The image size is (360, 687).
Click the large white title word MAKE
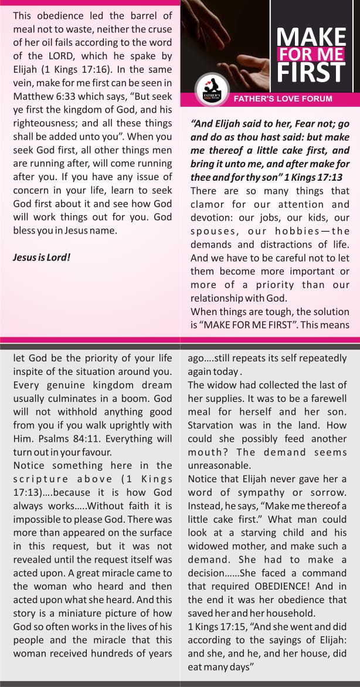pyautogui.click(x=311, y=37)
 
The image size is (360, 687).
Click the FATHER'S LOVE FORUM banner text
pyautogui.click(x=283, y=99)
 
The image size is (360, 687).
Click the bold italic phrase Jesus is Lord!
pyautogui.click(x=42, y=256)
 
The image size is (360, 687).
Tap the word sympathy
pyautogui.click(x=263, y=492)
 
